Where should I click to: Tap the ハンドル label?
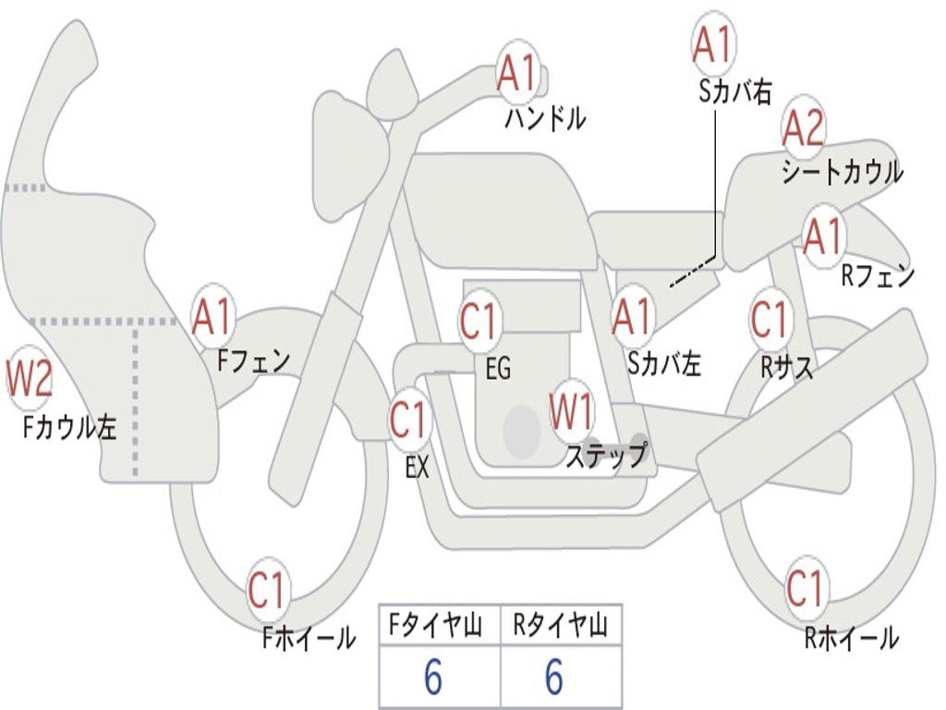545,119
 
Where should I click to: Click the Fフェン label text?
254,361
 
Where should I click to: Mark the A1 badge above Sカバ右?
712,44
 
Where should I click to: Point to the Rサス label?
787,368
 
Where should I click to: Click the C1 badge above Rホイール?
804,588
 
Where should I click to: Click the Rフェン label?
878,275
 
